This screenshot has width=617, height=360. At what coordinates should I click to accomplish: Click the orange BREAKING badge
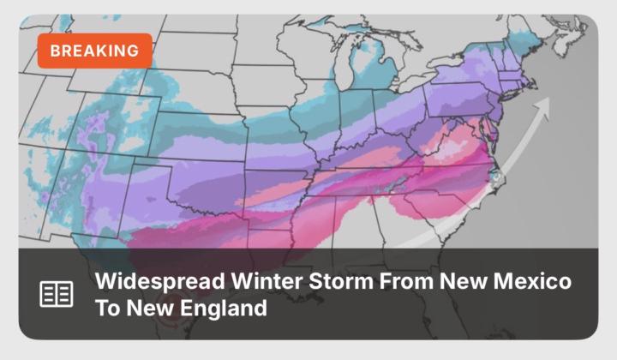click(94, 51)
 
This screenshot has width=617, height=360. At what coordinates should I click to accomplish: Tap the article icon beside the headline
click(57, 293)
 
